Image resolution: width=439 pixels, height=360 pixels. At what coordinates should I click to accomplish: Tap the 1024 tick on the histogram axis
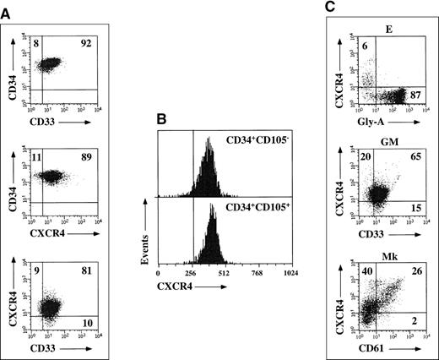(273, 298)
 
